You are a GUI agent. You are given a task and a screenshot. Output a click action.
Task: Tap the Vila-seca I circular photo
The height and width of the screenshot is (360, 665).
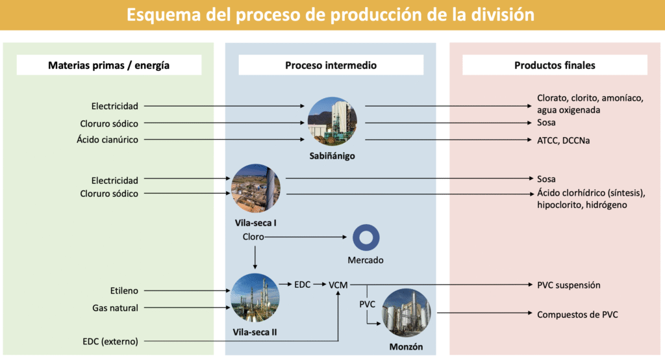(x=257, y=188)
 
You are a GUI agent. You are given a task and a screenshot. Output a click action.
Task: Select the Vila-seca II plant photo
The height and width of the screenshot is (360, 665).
(x=255, y=298)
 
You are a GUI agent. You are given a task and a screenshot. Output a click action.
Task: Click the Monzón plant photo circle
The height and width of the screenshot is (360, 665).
(x=407, y=313)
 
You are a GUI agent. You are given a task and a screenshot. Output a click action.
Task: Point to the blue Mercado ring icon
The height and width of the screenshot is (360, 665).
(x=366, y=238)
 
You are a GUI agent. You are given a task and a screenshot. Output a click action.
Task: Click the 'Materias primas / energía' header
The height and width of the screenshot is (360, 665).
(x=108, y=65)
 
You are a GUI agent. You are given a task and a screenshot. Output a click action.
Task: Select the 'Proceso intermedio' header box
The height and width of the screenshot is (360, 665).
(x=331, y=65)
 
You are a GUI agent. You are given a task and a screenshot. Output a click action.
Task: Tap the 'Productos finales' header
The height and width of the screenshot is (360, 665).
(x=555, y=65)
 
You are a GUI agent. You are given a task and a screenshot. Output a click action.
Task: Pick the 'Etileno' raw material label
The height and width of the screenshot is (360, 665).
(x=124, y=290)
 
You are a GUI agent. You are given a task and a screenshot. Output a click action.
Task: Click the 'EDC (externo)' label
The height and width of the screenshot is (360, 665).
(x=110, y=340)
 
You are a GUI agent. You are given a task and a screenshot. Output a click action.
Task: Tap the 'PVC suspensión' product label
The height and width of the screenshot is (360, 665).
(x=568, y=285)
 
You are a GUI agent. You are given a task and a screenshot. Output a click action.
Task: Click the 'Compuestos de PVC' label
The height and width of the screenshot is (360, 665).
(x=577, y=315)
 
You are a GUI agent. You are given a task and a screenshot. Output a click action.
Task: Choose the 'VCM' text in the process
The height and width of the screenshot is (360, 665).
(x=338, y=285)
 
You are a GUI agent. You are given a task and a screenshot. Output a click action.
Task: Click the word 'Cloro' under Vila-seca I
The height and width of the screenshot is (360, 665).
(x=253, y=237)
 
